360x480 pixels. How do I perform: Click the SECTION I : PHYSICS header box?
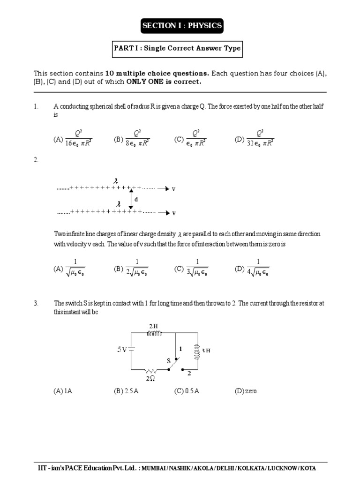[x=182, y=26]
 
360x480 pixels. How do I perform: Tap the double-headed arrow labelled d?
[x=131, y=199]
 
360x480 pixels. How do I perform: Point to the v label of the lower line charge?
[x=173, y=213]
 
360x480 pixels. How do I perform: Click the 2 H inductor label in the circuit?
[x=154, y=326]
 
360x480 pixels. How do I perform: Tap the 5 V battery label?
[x=121, y=349]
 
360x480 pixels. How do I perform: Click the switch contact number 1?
[x=180, y=349]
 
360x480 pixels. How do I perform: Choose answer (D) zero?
[x=246, y=391]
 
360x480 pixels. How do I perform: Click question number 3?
[x=36, y=304]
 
